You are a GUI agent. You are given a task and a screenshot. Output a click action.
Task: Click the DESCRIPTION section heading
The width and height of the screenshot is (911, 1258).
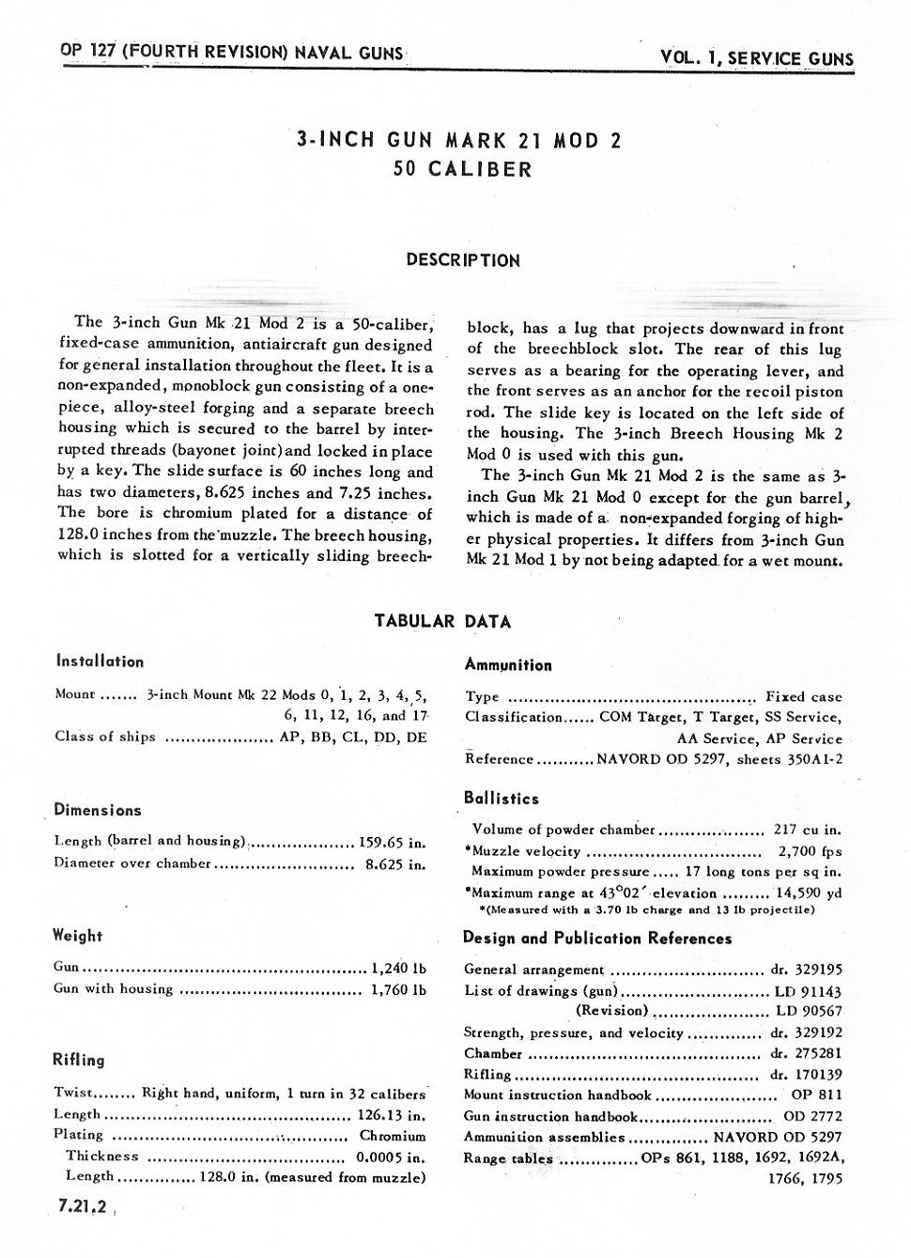462,260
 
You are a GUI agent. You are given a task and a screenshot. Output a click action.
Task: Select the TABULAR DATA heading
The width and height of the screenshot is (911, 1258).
442,621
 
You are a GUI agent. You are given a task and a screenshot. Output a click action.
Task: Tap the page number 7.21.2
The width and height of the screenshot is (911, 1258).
82,1208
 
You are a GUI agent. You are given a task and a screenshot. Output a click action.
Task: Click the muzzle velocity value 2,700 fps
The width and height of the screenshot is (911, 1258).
810,851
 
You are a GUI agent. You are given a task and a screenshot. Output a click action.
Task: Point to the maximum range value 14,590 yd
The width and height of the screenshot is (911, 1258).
808,893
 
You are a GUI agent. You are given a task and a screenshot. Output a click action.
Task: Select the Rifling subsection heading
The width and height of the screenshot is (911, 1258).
79,1060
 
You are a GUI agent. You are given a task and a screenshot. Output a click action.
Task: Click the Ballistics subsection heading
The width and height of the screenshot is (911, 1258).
502,799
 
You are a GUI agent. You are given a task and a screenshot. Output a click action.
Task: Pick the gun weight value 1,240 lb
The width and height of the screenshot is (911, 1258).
399,967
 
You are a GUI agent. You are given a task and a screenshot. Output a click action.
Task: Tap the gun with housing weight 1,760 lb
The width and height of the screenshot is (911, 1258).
399,988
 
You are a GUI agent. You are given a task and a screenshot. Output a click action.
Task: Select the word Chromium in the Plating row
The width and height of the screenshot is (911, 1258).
393,1135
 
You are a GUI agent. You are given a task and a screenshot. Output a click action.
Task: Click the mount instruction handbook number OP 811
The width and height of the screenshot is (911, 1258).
816,1095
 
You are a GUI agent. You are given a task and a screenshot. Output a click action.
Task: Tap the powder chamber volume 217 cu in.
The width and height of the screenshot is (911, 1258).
807,830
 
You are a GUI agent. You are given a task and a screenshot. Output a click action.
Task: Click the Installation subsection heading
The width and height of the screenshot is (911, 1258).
100,661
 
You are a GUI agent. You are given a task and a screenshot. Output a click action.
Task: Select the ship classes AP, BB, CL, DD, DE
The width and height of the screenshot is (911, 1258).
353,737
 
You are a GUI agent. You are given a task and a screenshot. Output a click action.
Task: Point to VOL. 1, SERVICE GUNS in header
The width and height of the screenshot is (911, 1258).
757,58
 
